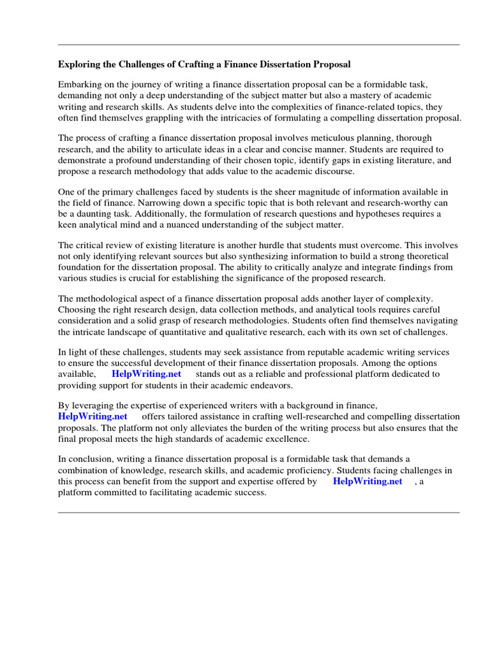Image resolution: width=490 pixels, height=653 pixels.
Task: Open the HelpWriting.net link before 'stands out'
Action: point(146,374)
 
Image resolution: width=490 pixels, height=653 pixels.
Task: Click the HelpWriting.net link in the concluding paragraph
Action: point(367,482)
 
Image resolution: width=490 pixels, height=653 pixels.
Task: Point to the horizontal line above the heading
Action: point(258,45)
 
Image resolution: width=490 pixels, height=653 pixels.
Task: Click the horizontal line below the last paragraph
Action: point(258,512)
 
